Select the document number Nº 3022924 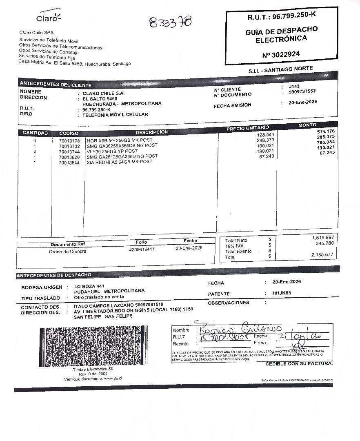pos(281,54)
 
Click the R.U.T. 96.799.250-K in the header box pos(282,17)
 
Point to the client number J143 pos(294,86)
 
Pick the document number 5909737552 pos(302,91)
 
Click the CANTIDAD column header pos(35,133)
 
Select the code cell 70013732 pos(69,146)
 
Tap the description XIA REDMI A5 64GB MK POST pos(120,162)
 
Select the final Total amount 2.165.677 pos(322,255)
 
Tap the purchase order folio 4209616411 pos(142,249)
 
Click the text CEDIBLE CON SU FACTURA pos(299,363)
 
